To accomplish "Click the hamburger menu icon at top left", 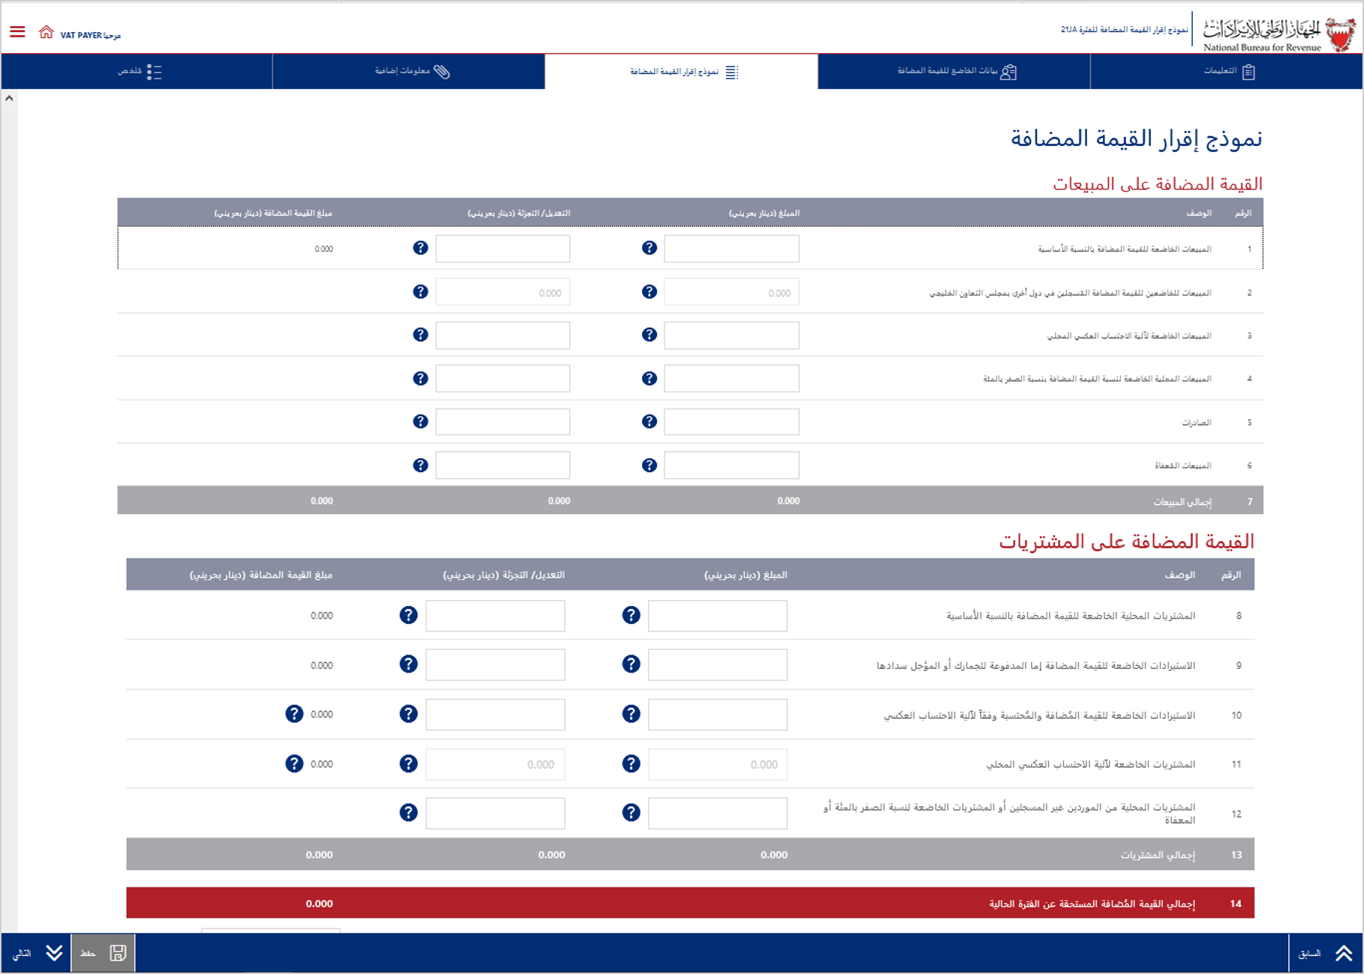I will [17, 31].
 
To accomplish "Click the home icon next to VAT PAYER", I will [46, 32].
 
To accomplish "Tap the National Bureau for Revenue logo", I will [1279, 34].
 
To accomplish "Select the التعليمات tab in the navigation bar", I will [1228, 72].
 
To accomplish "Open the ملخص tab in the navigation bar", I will [139, 72].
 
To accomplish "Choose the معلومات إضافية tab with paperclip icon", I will [412, 72].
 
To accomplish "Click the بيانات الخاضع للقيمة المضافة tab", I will [955, 72].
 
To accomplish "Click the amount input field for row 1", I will [731, 248].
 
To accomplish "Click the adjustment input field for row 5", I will [502, 422].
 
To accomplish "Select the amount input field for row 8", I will [717, 616].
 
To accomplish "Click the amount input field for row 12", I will [717, 813].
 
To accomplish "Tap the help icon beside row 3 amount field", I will [649, 335].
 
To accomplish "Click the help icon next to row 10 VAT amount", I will [294, 714].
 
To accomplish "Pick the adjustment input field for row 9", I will [495, 664].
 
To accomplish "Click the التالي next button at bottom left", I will [36, 953].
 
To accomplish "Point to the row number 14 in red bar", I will [1235, 904].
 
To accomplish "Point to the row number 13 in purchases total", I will [1236, 854].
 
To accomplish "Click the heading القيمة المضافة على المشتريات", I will [1126, 542].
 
